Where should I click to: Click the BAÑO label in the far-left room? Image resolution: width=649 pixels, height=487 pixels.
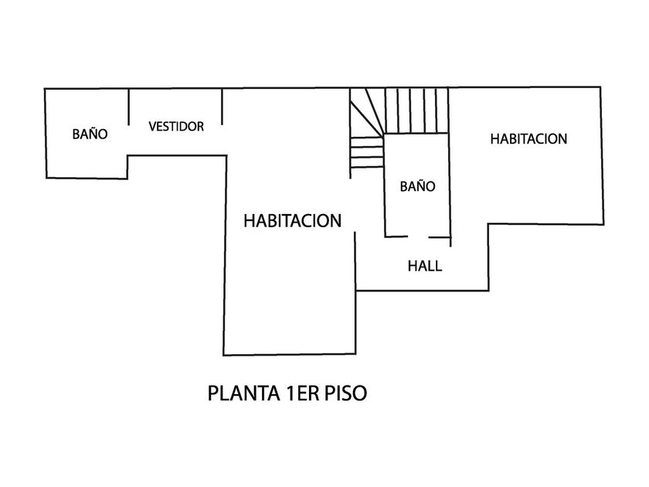[x=90, y=134]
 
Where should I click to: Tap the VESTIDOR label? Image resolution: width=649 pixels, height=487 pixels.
[x=176, y=126]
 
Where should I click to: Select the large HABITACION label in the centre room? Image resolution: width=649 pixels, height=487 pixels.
[x=292, y=221]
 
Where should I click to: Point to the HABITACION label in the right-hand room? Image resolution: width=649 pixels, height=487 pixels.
[x=529, y=139]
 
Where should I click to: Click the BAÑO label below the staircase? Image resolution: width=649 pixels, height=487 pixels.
[x=417, y=186]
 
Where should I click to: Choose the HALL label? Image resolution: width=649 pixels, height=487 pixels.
[x=425, y=267]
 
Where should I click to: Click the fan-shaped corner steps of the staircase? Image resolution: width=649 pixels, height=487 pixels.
[x=365, y=131]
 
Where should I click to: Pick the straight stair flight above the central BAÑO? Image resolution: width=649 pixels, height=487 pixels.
[x=417, y=111]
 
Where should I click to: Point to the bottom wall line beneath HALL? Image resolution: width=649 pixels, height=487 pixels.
[x=422, y=291]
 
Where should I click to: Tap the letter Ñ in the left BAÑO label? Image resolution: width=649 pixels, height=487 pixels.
[x=93, y=134]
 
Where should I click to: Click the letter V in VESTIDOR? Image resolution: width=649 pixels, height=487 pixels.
[x=153, y=126]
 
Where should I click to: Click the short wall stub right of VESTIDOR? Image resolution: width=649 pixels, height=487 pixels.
[x=223, y=107]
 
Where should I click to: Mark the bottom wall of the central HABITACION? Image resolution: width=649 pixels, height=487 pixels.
[x=289, y=356]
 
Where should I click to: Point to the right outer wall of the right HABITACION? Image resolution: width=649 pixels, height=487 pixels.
[x=603, y=155]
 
